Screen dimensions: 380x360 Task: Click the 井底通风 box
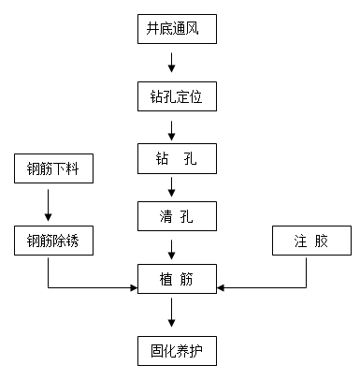click(176, 29)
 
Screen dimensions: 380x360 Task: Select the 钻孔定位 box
click(176, 97)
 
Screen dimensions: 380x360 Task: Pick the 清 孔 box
click(176, 217)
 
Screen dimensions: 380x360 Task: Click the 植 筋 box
click(176, 277)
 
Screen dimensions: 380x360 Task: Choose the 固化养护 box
click(176, 352)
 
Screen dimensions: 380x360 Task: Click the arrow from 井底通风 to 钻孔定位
click(172, 63)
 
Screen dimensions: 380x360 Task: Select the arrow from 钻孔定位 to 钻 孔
click(172, 128)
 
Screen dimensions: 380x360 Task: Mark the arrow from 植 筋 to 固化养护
click(172, 314)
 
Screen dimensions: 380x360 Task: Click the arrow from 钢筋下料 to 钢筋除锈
click(48, 206)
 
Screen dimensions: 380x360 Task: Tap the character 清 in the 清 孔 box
click(164, 217)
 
